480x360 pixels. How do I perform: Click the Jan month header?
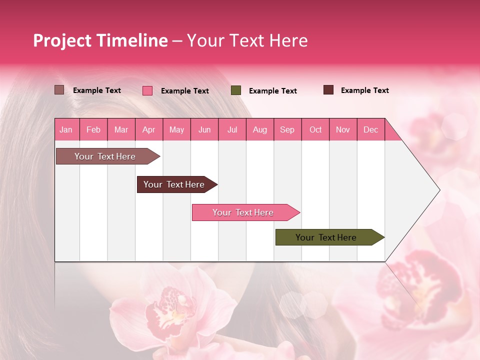[x=66, y=129]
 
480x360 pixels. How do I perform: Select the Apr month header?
[x=149, y=129]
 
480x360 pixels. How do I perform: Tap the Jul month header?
[x=232, y=129]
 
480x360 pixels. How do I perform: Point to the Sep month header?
[x=287, y=129]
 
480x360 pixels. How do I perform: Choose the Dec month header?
[x=370, y=129]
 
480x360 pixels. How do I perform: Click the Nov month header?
[x=343, y=129]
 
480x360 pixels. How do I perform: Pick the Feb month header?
[x=93, y=129]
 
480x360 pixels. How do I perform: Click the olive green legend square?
[x=236, y=90]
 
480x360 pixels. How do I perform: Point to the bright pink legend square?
[x=147, y=90]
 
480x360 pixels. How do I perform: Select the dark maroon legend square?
[x=328, y=90]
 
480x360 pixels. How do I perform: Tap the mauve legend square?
[x=59, y=90]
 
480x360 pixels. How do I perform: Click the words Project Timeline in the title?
[x=100, y=40]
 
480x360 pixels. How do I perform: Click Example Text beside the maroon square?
[x=364, y=90]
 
